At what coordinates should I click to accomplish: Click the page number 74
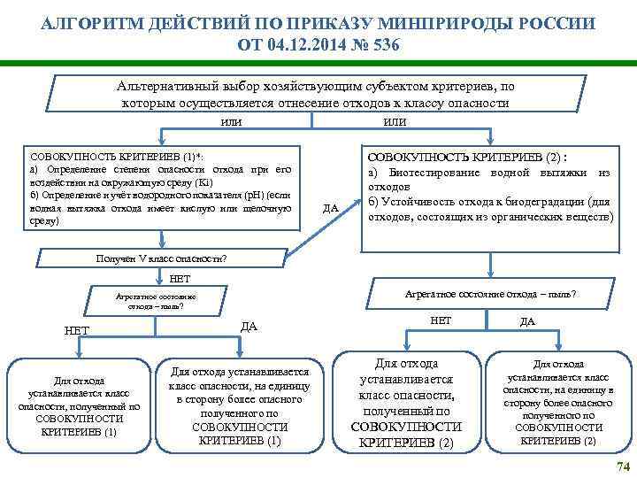pos(622,466)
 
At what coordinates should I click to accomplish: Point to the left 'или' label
pos(232,120)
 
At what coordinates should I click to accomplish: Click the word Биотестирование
pos(439,172)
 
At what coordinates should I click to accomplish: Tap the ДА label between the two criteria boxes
pos(331,208)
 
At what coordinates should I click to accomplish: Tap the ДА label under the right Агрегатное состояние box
pos(527,321)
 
